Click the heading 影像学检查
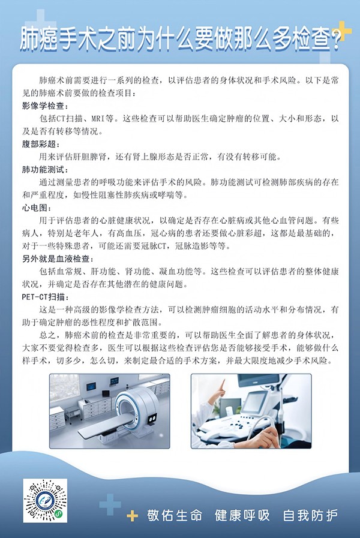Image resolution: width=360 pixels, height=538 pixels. coord(45,106)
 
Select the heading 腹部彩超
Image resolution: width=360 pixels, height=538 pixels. coord(41,144)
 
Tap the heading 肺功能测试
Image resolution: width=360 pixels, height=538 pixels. coord(45,170)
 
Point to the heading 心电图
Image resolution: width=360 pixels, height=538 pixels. coord(37,208)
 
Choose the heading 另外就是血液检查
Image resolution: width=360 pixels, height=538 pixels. coord(58,259)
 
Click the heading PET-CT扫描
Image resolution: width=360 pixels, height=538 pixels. coord(46,297)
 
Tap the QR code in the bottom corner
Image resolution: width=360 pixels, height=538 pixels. coord(45,500)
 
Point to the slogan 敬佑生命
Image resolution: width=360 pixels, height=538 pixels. coord(175,515)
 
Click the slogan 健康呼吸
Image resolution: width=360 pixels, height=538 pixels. coord(242,515)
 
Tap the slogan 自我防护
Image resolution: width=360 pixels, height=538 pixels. coord(310,515)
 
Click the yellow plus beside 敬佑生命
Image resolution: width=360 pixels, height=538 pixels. coord(132,516)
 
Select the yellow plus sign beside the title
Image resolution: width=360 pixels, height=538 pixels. coord(343,31)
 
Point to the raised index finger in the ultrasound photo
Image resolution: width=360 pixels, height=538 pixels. coord(221,386)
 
